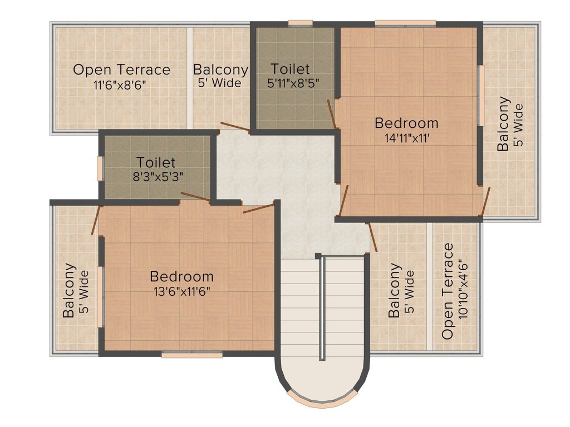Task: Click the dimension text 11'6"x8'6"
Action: point(120,85)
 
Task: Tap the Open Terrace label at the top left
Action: point(121,69)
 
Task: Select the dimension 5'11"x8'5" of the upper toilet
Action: point(293,83)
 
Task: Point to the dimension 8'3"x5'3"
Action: point(158,177)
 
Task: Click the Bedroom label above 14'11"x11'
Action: point(406,123)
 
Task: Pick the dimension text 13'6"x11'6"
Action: point(182,291)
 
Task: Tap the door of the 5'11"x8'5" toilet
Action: point(331,115)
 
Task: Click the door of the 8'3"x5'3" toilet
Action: point(195,196)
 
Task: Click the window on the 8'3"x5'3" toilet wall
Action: point(99,168)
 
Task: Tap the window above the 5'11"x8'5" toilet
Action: point(300,23)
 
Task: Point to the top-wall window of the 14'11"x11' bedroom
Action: point(405,23)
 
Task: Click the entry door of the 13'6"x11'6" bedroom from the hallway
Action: point(258,208)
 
